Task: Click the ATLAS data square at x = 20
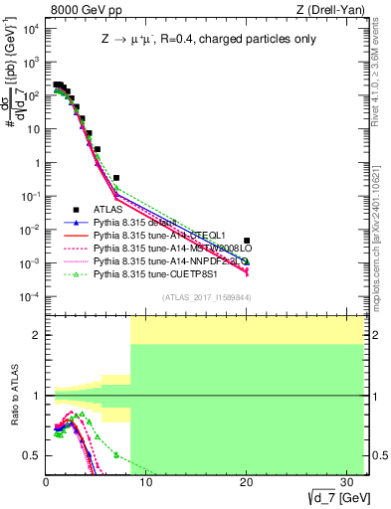pyautogui.click(x=247, y=240)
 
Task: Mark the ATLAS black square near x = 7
pyautogui.click(x=116, y=178)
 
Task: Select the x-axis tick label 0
pyautogui.click(x=46, y=481)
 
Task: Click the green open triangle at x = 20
pyautogui.click(x=247, y=261)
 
